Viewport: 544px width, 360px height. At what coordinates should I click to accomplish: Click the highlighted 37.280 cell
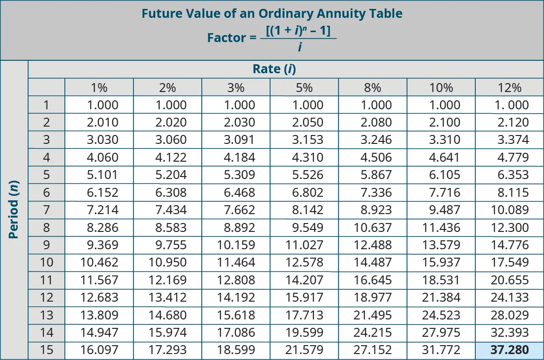coord(509,350)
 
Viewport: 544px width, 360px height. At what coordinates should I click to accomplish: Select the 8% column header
coord(372,88)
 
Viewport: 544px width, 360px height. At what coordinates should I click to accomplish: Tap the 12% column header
coord(509,88)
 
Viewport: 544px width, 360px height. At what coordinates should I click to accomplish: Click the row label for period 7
coord(46,210)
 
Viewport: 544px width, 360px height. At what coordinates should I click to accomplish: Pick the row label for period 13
coord(46,315)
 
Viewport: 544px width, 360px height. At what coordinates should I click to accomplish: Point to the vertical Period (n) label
coord(14,209)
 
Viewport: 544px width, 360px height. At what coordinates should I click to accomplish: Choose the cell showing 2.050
coord(304,122)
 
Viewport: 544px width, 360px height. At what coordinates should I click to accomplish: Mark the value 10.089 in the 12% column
coord(509,210)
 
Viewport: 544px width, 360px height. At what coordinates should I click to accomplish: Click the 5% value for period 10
coord(304,263)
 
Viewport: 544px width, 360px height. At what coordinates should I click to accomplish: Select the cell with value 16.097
coord(99,350)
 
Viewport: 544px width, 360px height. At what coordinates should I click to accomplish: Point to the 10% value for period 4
coord(441,157)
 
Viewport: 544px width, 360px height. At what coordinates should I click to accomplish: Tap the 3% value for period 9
coord(236,245)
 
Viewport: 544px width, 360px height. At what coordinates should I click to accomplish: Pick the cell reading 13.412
coord(168,298)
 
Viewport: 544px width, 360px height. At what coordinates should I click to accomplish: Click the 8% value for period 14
coord(372,333)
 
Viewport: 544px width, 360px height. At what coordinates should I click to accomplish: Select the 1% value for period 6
coord(99,192)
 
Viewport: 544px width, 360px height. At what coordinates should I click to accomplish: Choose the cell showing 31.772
coord(441,350)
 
